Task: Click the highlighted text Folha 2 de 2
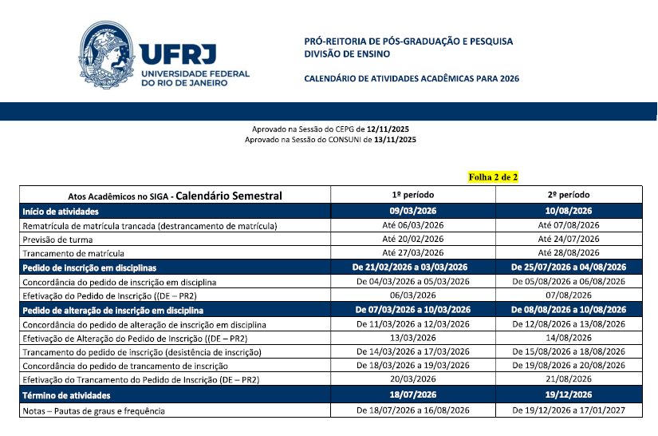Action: click(493, 176)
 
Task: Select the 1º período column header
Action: click(412, 195)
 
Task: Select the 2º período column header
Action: click(568, 195)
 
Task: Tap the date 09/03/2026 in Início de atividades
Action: click(412, 211)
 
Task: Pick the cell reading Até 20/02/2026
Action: click(412, 240)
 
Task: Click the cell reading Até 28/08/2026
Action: click(568, 253)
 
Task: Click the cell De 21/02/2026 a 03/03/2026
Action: click(412, 268)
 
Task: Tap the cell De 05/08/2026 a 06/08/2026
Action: click(568, 282)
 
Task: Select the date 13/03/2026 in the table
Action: click(412, 338)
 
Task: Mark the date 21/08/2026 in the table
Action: click(568, 380)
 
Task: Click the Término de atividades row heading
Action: click(66, 395)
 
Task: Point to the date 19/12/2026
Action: click(568, 395)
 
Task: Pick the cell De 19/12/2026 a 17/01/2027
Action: click(568, 410)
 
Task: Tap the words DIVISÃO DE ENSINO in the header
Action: click(348, 54)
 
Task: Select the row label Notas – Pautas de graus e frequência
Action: click(95, 410)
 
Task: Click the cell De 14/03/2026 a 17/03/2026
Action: click(412, 352)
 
